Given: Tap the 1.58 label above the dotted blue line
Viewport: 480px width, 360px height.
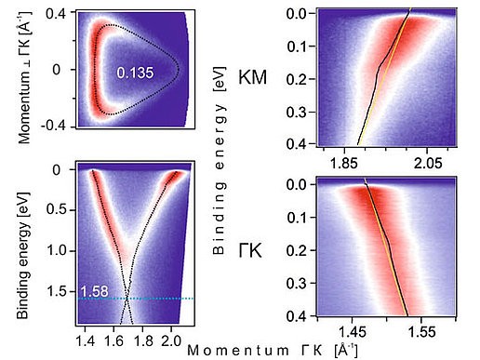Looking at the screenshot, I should (92, 291).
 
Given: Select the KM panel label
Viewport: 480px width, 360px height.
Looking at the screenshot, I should (251, 77).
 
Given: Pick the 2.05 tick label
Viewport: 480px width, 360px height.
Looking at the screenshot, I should (427, 163).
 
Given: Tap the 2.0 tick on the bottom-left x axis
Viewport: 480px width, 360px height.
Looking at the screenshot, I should (170, 331).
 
